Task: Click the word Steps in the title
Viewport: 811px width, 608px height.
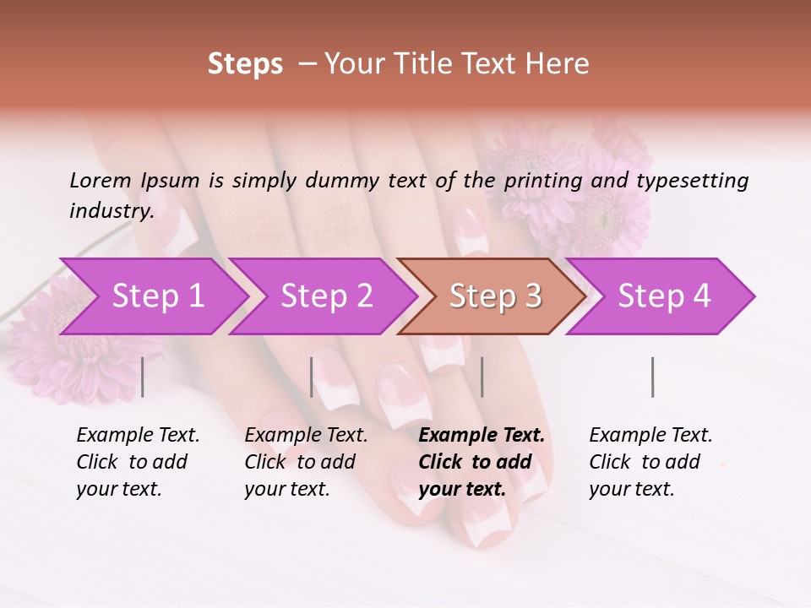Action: tap(245, 64)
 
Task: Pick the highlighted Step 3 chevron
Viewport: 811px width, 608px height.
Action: tap(494, 296)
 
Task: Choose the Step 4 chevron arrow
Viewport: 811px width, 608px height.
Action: tap(663, 296)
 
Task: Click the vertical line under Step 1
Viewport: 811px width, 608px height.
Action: tap(143, 377)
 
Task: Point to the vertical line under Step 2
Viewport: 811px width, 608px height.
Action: tap(312, 377)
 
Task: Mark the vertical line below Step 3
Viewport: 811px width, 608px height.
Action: tap(482, 377)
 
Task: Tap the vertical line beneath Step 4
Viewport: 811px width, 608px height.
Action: tap(653, 377)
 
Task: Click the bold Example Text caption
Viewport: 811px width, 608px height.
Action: tap(481, 462)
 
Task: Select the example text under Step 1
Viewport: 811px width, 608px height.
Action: tap(138, 462)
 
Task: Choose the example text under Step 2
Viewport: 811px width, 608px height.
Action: tap(306, 462)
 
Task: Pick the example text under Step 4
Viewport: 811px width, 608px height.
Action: tap(650, 462)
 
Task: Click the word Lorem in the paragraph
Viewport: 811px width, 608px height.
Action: tap(100, 181)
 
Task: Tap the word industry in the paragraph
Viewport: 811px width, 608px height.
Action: tap(111, 211)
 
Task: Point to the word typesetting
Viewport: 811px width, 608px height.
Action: tap(692, 181)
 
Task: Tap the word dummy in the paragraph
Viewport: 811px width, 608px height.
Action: tap(342, 181)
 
